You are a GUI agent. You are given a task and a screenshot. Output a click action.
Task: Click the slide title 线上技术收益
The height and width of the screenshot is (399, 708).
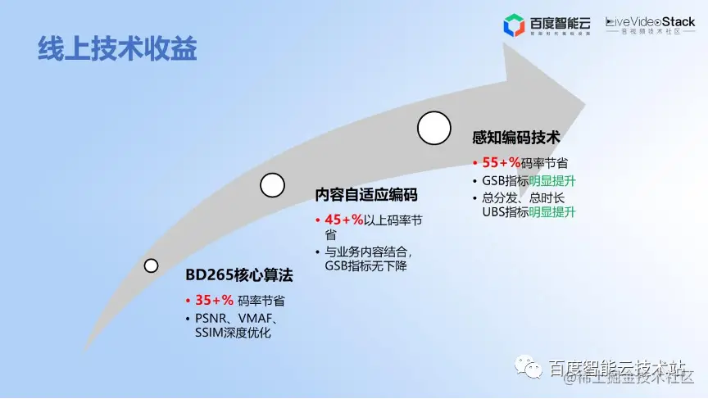pyautogui.click(x=118, y=48)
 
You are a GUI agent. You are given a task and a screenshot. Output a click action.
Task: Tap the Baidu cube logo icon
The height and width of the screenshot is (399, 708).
pyautogui.click(x=514, y=25)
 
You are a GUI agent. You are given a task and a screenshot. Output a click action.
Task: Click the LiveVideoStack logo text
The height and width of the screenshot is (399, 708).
pyautogui.click(x=650, y=22)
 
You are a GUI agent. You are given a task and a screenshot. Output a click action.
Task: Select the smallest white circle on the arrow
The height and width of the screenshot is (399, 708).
pyautogui.click(x=151, y=265)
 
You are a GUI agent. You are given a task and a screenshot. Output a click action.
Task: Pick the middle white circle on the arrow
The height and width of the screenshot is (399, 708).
pyautogui.click(x=272, y=185)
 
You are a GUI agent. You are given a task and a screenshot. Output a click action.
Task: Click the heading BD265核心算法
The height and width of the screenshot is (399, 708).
pyautogui.click(x=238, y=276)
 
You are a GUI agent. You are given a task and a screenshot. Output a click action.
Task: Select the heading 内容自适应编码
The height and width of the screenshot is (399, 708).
pyautogui.click(x=366, y=195)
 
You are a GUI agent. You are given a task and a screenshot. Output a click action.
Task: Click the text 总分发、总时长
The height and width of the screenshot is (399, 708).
pyautogui.click(x=524, y=197)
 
